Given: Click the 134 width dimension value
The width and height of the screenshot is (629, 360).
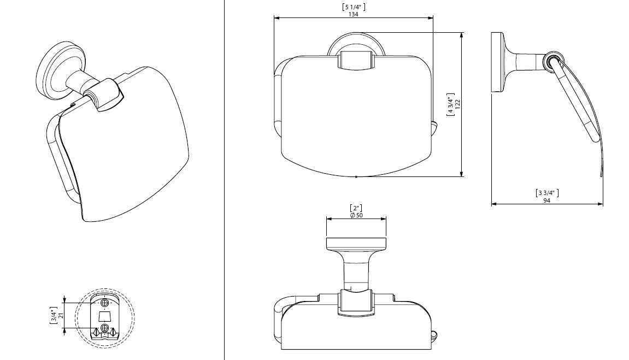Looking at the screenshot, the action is [353, 14].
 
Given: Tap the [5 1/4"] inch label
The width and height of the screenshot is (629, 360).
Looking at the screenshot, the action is [354, 7].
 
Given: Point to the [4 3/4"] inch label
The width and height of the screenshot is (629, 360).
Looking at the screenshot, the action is [451, 104].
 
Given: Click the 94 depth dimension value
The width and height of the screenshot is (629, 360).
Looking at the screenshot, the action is [547, 200].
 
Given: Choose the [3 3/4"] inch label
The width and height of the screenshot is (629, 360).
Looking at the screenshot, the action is [547, 193].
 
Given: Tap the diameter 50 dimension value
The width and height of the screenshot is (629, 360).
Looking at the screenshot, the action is [356, 215].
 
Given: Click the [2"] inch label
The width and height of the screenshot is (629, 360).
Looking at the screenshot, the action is [356, 208].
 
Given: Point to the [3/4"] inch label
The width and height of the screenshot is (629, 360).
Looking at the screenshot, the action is [54, 316].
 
